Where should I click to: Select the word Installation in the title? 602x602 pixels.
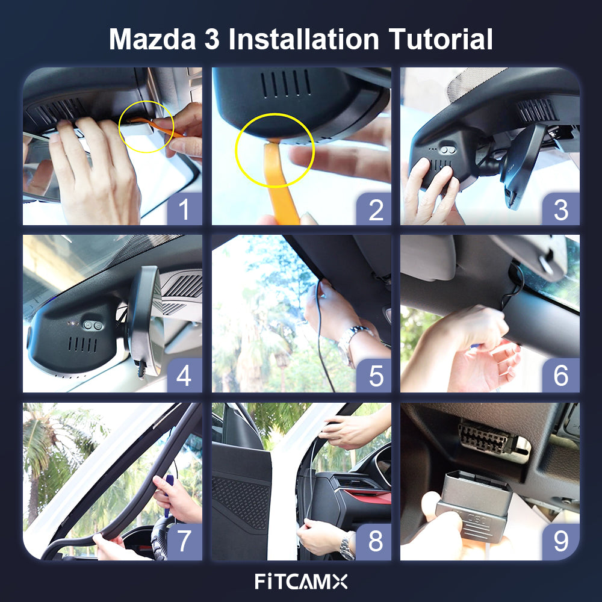(303, 40)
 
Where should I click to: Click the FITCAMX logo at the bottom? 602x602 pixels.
(301, 582)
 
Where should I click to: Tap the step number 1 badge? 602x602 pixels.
(184, 209)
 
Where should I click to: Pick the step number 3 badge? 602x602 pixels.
(561, 209)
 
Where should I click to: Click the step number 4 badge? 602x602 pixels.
(184, 376)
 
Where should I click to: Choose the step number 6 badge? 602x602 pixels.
(561, 376)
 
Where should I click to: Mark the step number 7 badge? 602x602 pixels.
(184, 542)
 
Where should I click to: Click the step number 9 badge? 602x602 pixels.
(561, 542)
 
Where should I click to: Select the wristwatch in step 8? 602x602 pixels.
(347, 547)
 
